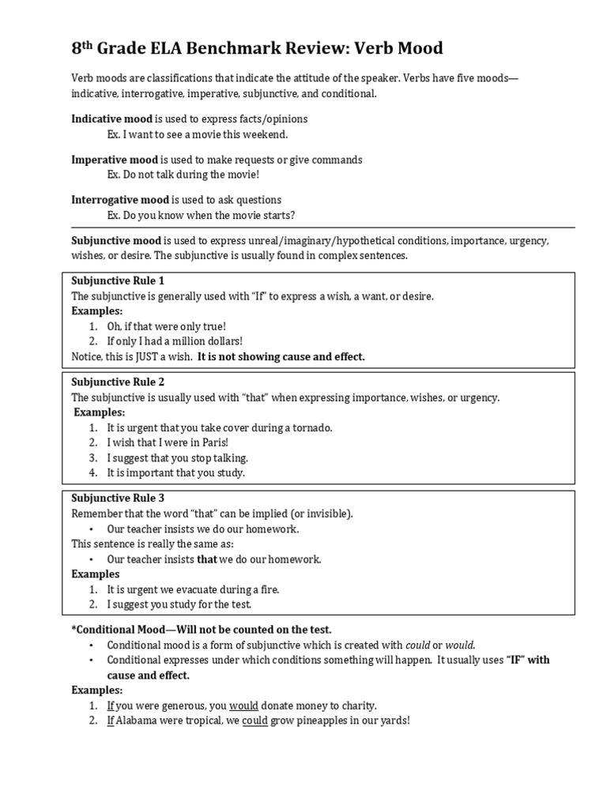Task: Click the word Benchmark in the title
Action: click(x=217, y=49)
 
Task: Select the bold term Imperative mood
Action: click(x=115, y=160)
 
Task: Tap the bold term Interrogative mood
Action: click(x=120, y=200)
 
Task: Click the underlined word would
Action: click(x=243, y=706)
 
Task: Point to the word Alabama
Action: click(x=138, y=721)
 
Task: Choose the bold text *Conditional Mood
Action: click(x=116, y=630)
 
